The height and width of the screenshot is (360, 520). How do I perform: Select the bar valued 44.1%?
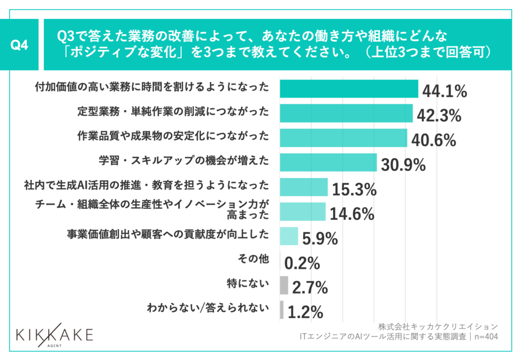click(349, 89)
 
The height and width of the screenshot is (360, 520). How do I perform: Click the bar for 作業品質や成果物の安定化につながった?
click(343, 138)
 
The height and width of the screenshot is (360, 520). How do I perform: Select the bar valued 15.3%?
click(304, 187)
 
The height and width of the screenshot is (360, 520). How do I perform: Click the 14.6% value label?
click(352, 214)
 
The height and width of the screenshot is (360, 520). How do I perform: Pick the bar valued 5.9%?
click(289, 236)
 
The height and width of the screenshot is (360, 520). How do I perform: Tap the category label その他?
click(252, 259)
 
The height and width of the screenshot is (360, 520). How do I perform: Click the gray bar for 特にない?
click(284, 285)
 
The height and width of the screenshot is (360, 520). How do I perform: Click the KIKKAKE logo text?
click(55, 335)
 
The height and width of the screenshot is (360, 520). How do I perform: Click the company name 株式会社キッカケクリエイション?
click(437, 326)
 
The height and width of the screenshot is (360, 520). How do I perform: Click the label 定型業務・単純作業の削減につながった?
click(173, 112)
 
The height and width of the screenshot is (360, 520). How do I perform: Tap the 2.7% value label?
click(310, 288)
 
